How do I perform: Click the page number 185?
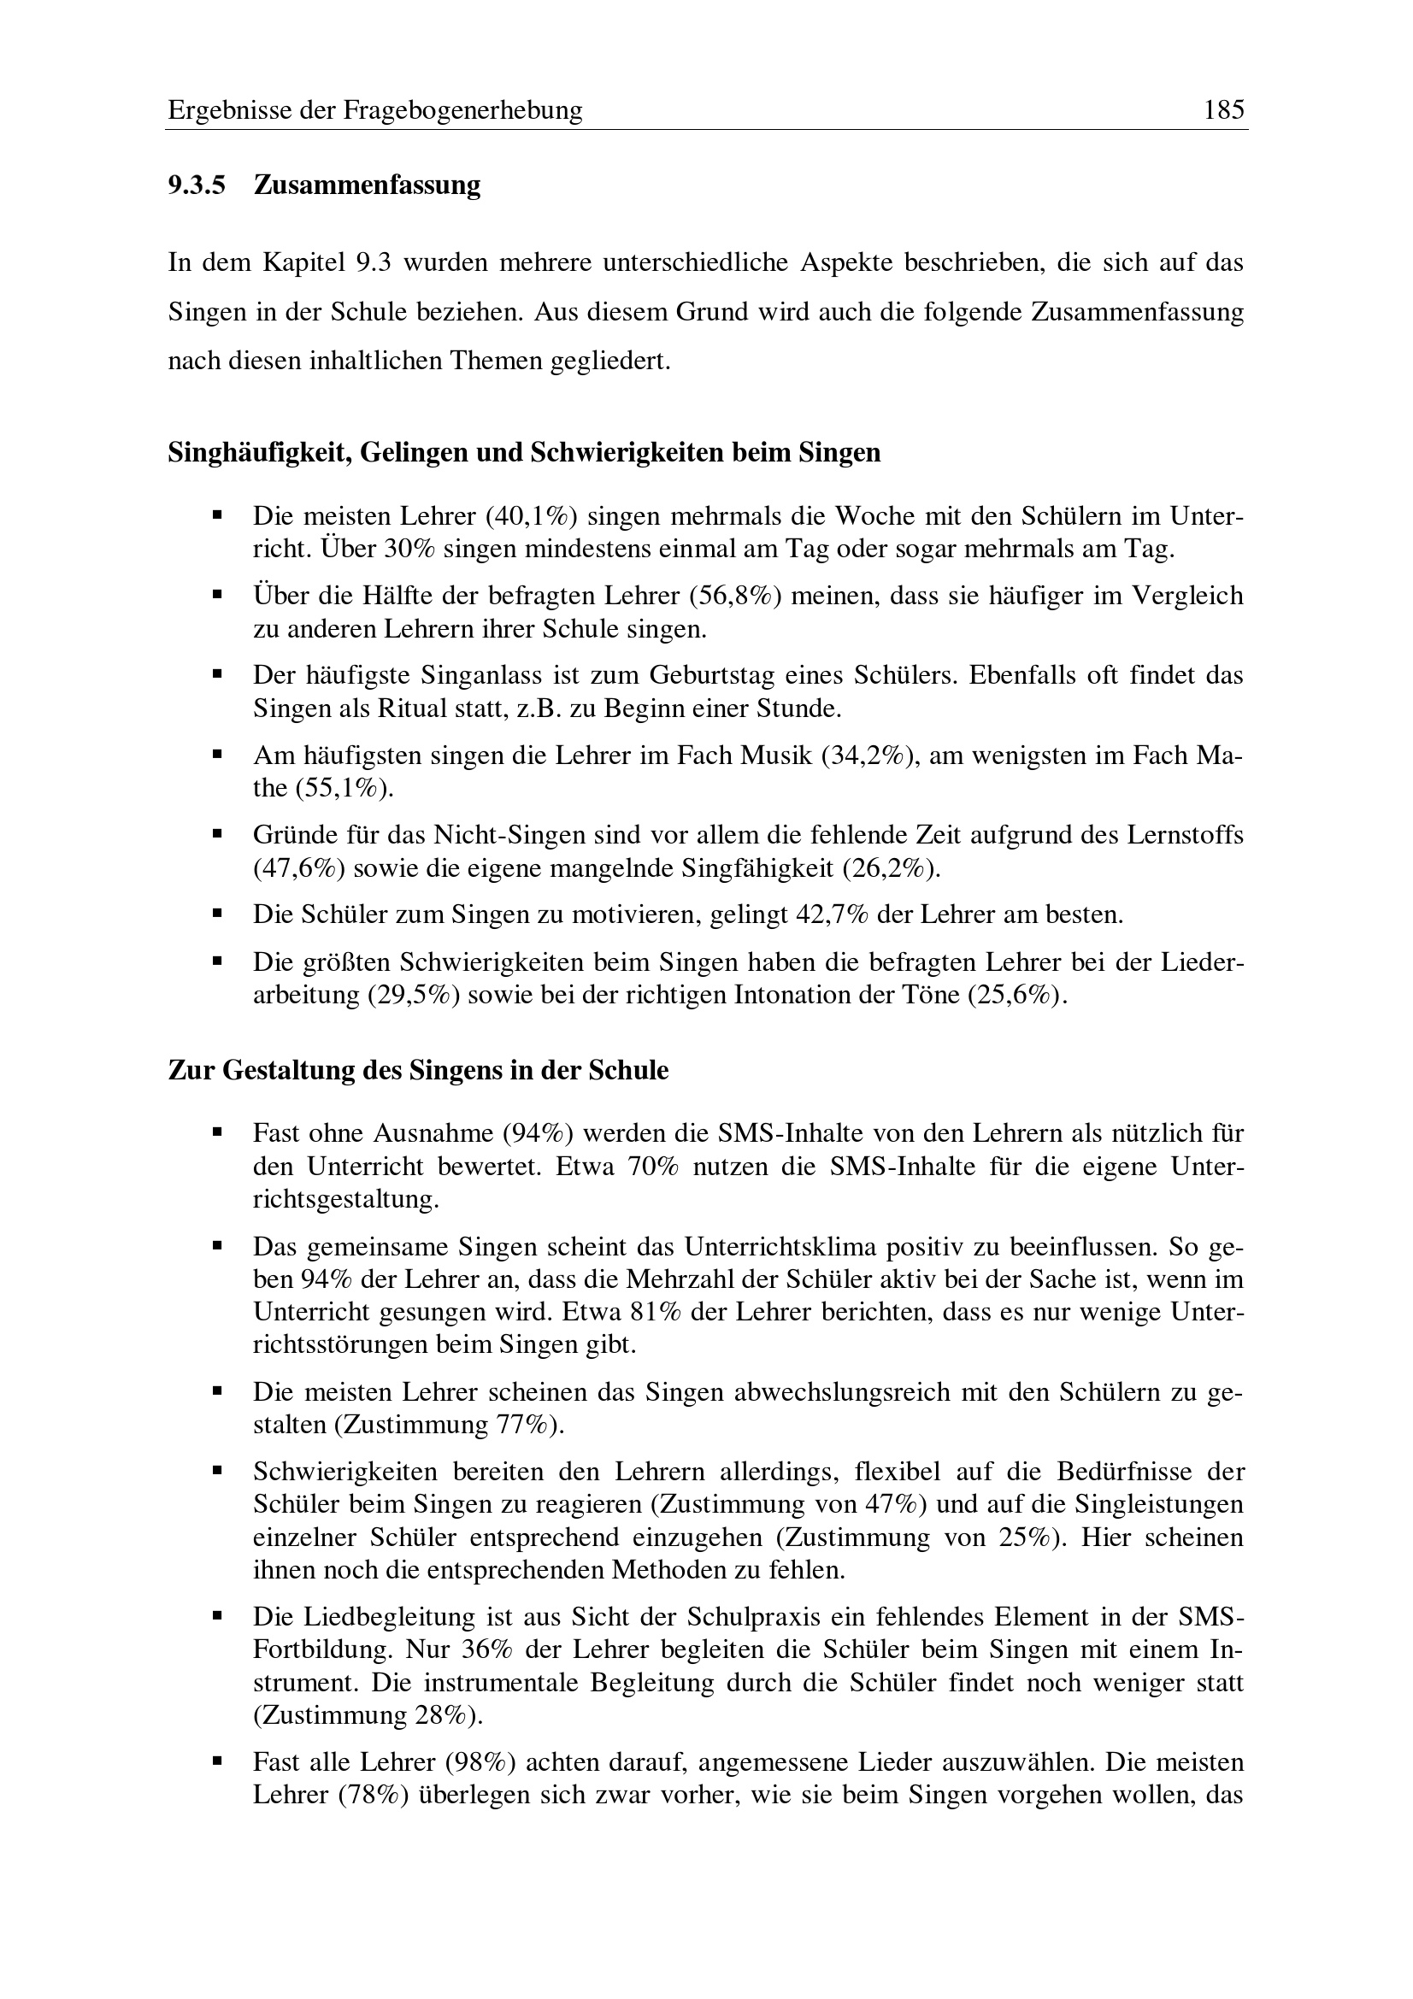(x=1224, y=109)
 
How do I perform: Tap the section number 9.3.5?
(x=197, y=185)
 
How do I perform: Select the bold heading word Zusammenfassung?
(x=367, y=185)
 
